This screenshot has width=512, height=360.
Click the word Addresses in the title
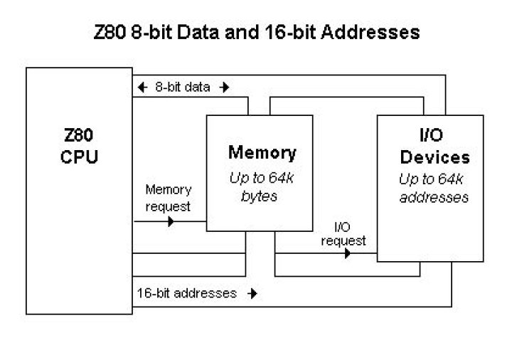(375, 33)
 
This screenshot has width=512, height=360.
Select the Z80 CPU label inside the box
(79, 147)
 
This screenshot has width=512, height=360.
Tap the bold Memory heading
(262, 152)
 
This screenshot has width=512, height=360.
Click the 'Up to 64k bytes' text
(262, 186)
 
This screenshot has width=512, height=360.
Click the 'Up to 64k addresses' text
(434, 187)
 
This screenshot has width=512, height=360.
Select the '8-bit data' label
(183, 88)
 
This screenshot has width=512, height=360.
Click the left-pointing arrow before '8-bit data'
(142, 88)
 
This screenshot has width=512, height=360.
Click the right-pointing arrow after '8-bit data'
(225, 88)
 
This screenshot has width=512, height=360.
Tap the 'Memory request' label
(169, 198)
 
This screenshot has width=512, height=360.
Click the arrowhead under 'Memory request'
(170, 221)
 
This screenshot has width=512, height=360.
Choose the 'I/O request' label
(343, 234)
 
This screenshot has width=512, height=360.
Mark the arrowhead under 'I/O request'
(347, 253)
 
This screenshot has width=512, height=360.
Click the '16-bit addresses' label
(187, 292)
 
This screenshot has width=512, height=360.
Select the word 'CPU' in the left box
(79, 157)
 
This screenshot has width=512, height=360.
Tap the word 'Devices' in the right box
(434, 157)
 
